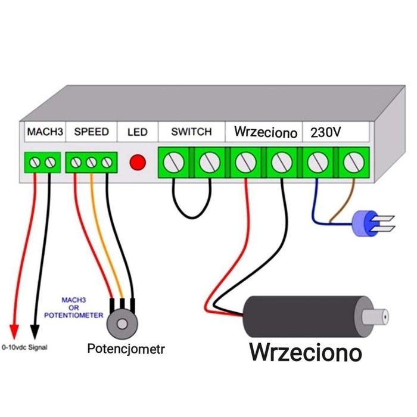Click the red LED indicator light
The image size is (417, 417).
click(x=138, y=162)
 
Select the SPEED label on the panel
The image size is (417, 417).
click(x=91, y=132)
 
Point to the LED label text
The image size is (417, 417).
click(x=137, y=132)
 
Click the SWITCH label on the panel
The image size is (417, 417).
click(x=191, y=132)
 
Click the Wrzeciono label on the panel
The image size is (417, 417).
click(x=265, y=132)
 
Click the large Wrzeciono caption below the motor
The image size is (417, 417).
click(x=306, y=351)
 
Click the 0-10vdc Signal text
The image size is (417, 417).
click(x=24, y=346)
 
